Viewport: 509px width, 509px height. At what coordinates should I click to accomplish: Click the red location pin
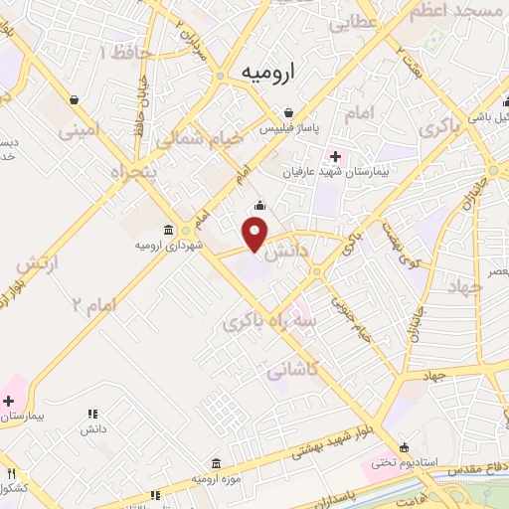click(255, 234)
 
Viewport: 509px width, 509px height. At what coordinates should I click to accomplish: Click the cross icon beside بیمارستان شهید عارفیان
click(335, 155)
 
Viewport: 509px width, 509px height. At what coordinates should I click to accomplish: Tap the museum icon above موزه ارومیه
click(217, 463)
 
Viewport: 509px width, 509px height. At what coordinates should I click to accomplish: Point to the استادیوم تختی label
click(398, 462)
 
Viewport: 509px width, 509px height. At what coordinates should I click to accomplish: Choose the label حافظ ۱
click(118, 51)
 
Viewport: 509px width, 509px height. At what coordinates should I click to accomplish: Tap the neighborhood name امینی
click(81, 129)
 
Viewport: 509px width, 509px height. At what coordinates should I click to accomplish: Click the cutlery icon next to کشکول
click(11, 473)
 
